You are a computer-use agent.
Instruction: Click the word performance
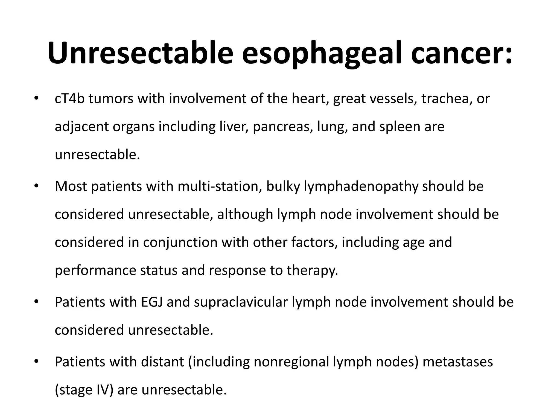pos(95,270)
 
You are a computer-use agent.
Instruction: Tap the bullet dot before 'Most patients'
pos(36,186)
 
